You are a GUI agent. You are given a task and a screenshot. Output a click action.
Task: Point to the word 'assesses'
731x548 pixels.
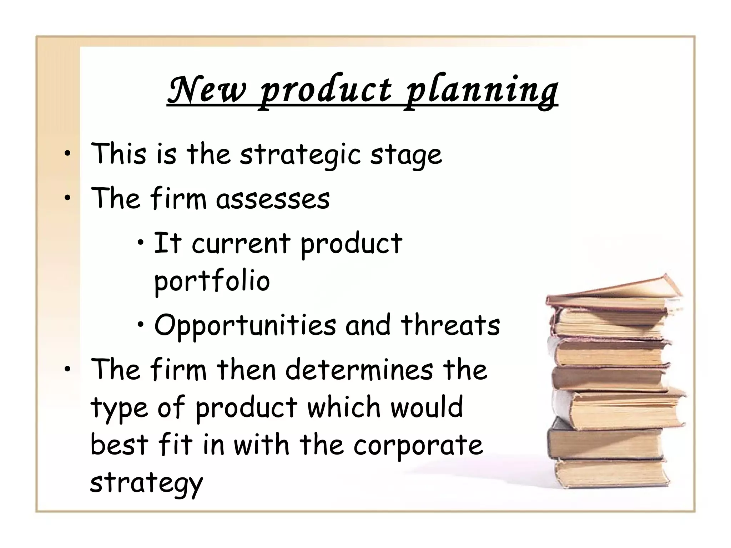coord(273,198)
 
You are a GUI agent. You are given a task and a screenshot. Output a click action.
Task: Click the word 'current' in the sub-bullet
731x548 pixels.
coord(241,243)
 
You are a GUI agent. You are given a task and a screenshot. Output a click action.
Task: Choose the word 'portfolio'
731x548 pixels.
coord(212,281)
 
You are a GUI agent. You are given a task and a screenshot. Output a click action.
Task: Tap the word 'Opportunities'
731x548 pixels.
coord(245,326)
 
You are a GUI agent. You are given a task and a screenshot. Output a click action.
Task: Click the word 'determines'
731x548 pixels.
coord(359,370)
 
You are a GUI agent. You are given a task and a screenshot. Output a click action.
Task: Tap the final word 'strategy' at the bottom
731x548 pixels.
coord(146,483)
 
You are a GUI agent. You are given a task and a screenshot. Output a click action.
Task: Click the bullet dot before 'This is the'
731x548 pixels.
coord(67,154)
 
